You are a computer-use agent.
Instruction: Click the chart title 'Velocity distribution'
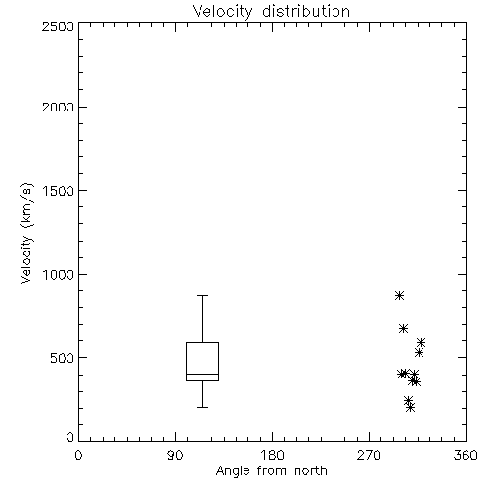(x=271, y=12)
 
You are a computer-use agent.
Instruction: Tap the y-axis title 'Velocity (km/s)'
(x=26, y=233)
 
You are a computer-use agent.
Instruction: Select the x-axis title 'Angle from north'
(x=271, y=471)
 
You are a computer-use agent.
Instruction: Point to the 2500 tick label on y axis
(x=58, y=26)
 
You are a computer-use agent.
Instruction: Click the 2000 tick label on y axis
(x=58, y=107)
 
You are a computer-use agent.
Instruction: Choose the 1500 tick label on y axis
(x=59, y=191)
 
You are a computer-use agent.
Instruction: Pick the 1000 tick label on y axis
(x=59, y=275)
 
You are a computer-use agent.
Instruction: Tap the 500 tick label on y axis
(x=63, y=358)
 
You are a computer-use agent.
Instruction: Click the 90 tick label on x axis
(x=175, y=455)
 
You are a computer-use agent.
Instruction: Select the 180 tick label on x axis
(x=272, y=455)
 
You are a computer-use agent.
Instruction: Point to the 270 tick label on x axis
(x=369, y=455)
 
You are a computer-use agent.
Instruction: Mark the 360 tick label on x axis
(x=466, y=455)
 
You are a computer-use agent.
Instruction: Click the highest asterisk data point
(x=400, y=296)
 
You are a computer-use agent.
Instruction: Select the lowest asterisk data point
(x=411, y=407)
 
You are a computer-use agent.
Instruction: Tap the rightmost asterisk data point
(x=421, y=342)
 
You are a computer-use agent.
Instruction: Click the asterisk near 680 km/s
(x=404, y=328)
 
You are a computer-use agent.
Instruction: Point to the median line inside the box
(x=202, y=374)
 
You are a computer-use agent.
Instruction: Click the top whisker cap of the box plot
(x=202, y=295)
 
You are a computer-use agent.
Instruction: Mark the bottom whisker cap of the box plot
(x=202, y=407)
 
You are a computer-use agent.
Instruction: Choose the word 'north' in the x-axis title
(x=311, y=471)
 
